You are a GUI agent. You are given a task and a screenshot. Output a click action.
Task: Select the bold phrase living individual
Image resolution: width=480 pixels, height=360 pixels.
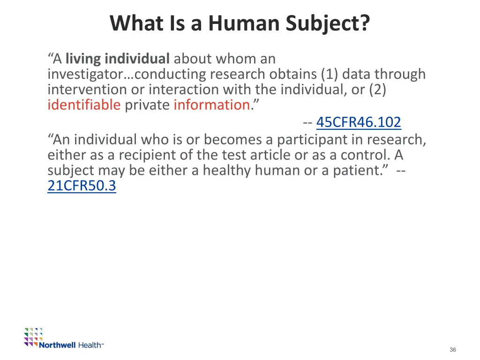pos(117,59)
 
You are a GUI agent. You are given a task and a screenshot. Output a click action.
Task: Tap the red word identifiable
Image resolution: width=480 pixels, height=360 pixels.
pos(84,105)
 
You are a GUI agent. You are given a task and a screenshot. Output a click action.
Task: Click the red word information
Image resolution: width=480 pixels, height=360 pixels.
pos(211,105)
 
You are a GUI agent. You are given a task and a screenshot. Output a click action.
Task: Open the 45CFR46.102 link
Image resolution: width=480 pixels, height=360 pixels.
pos(359,122)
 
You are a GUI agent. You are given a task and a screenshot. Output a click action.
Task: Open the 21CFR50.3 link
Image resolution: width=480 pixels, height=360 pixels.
pos(82,186)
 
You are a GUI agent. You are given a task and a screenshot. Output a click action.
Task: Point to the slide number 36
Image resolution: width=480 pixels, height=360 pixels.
pos(452,350)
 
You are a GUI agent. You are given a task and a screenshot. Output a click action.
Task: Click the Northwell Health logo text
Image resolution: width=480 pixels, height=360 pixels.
pos(70,345)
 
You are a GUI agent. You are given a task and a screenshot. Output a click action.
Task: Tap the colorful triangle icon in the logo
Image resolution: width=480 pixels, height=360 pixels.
pos(33,337)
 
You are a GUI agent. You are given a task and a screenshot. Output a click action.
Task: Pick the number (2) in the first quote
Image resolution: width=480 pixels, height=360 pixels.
pos(377,90)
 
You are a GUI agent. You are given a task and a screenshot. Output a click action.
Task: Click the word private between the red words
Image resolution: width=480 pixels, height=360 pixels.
pos(147,105)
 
